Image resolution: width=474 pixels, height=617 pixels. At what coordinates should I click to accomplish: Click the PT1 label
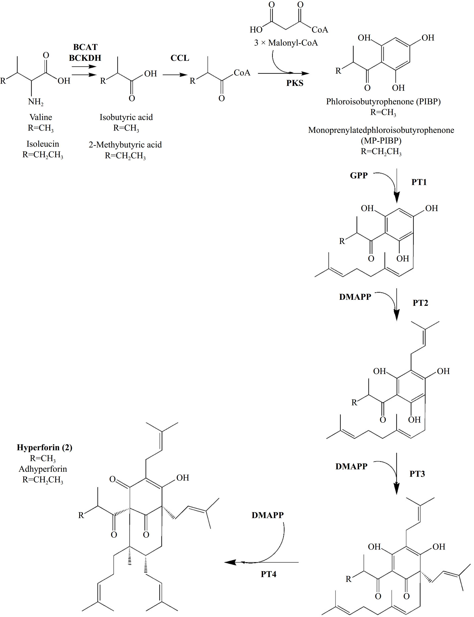419,182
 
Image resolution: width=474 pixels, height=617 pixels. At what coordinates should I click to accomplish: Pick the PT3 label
417,474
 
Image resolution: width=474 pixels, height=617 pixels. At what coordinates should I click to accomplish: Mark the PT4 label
268,574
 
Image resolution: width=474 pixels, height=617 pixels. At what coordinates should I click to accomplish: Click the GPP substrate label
359,176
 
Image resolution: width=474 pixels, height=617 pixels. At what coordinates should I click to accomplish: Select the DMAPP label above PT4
268,515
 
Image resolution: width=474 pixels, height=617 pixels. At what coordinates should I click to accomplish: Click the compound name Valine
41,117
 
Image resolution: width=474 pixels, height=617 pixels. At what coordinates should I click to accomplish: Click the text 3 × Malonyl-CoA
286,43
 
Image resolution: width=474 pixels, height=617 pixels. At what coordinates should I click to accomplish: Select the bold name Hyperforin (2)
45,447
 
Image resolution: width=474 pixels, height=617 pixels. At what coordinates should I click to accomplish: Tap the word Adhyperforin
43,469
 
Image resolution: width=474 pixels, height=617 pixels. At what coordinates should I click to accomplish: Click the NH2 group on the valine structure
36,102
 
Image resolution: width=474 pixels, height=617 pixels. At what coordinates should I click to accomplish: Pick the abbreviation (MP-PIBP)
381,140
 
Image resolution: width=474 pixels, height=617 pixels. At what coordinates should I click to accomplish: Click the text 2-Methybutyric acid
125,145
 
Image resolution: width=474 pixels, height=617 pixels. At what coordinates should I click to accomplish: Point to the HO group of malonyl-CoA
256,30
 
